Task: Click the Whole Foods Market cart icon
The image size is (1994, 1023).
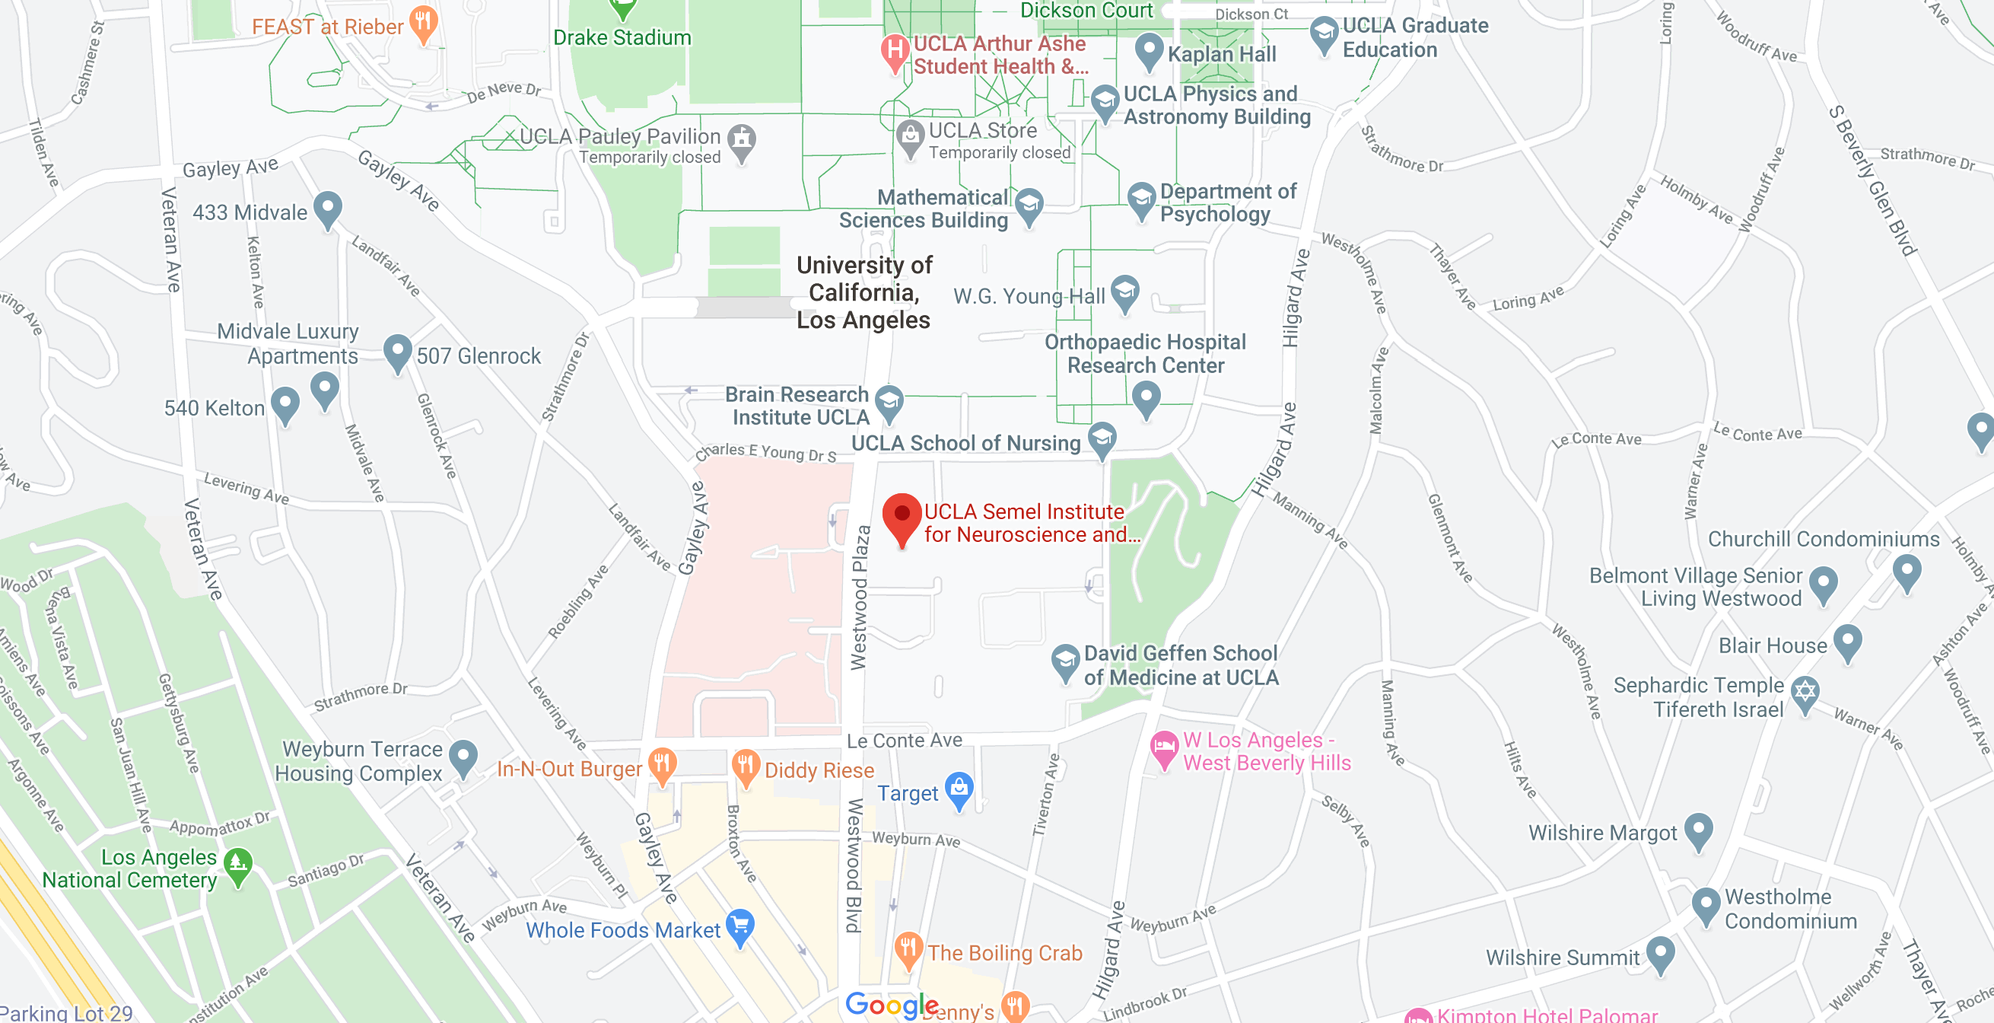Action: pos(740,925)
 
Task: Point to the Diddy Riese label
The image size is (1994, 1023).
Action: pos(819,770)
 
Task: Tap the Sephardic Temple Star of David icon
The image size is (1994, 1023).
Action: pos(1805,692)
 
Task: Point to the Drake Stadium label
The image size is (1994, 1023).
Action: pos(622,37)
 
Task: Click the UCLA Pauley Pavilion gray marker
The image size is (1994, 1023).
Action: pos(742,140)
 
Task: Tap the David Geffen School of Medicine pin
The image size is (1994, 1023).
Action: pos(1065,661)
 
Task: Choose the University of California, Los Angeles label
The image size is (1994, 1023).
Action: pos(863,293)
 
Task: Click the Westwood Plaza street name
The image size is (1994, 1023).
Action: pos(859,597)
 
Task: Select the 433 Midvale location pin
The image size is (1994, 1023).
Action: pos(328,208)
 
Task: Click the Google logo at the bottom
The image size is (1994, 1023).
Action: pos(891,1005)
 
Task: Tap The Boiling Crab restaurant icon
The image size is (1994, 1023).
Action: pos(907,948)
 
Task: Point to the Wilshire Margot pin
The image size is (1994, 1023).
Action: pos(1698,830)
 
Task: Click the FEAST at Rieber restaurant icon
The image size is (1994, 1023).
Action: pos(424,21)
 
